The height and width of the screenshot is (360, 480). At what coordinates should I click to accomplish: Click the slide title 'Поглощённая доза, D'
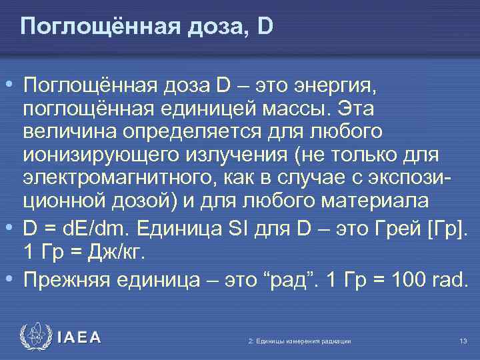147,27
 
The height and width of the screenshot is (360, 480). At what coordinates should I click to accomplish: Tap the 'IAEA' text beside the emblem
79,338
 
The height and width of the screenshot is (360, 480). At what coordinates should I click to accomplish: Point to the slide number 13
463,341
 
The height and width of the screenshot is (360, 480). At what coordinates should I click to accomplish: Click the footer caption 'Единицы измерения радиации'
302,341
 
